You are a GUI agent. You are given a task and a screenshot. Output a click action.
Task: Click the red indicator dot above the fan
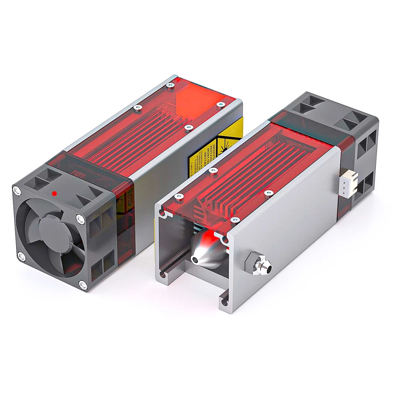click(x=55, y=194)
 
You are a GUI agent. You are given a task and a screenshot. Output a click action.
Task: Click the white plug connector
click(x=348, y=184)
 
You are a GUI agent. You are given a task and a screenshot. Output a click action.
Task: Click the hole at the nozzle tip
click(x=196, y=259)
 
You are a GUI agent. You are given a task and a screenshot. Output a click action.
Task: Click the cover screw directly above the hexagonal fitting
click(x=269, y=193)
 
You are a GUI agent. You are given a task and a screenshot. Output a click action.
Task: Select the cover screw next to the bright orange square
click(x=170, y=85)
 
